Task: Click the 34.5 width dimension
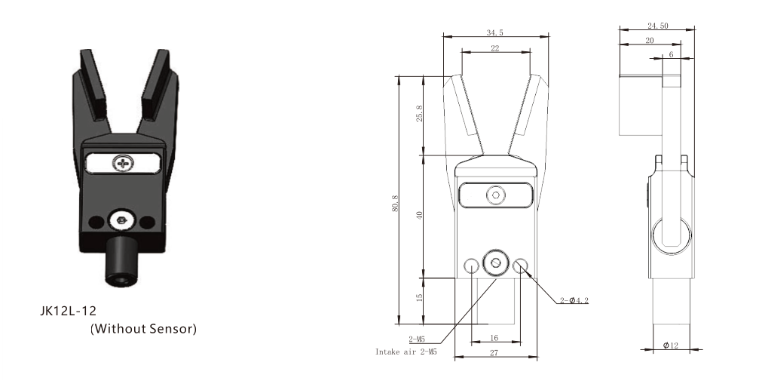(494, 33)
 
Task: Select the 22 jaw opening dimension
(494, 48)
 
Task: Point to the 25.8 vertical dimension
(419, 114)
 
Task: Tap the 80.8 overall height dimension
(395, 202)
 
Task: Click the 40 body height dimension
(419, 215)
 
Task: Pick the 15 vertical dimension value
(419, 296)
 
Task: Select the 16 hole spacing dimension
(494, 338)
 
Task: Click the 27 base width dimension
(494, 353)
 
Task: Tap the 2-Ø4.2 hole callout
(574, 300)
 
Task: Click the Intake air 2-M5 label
(406, 352)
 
